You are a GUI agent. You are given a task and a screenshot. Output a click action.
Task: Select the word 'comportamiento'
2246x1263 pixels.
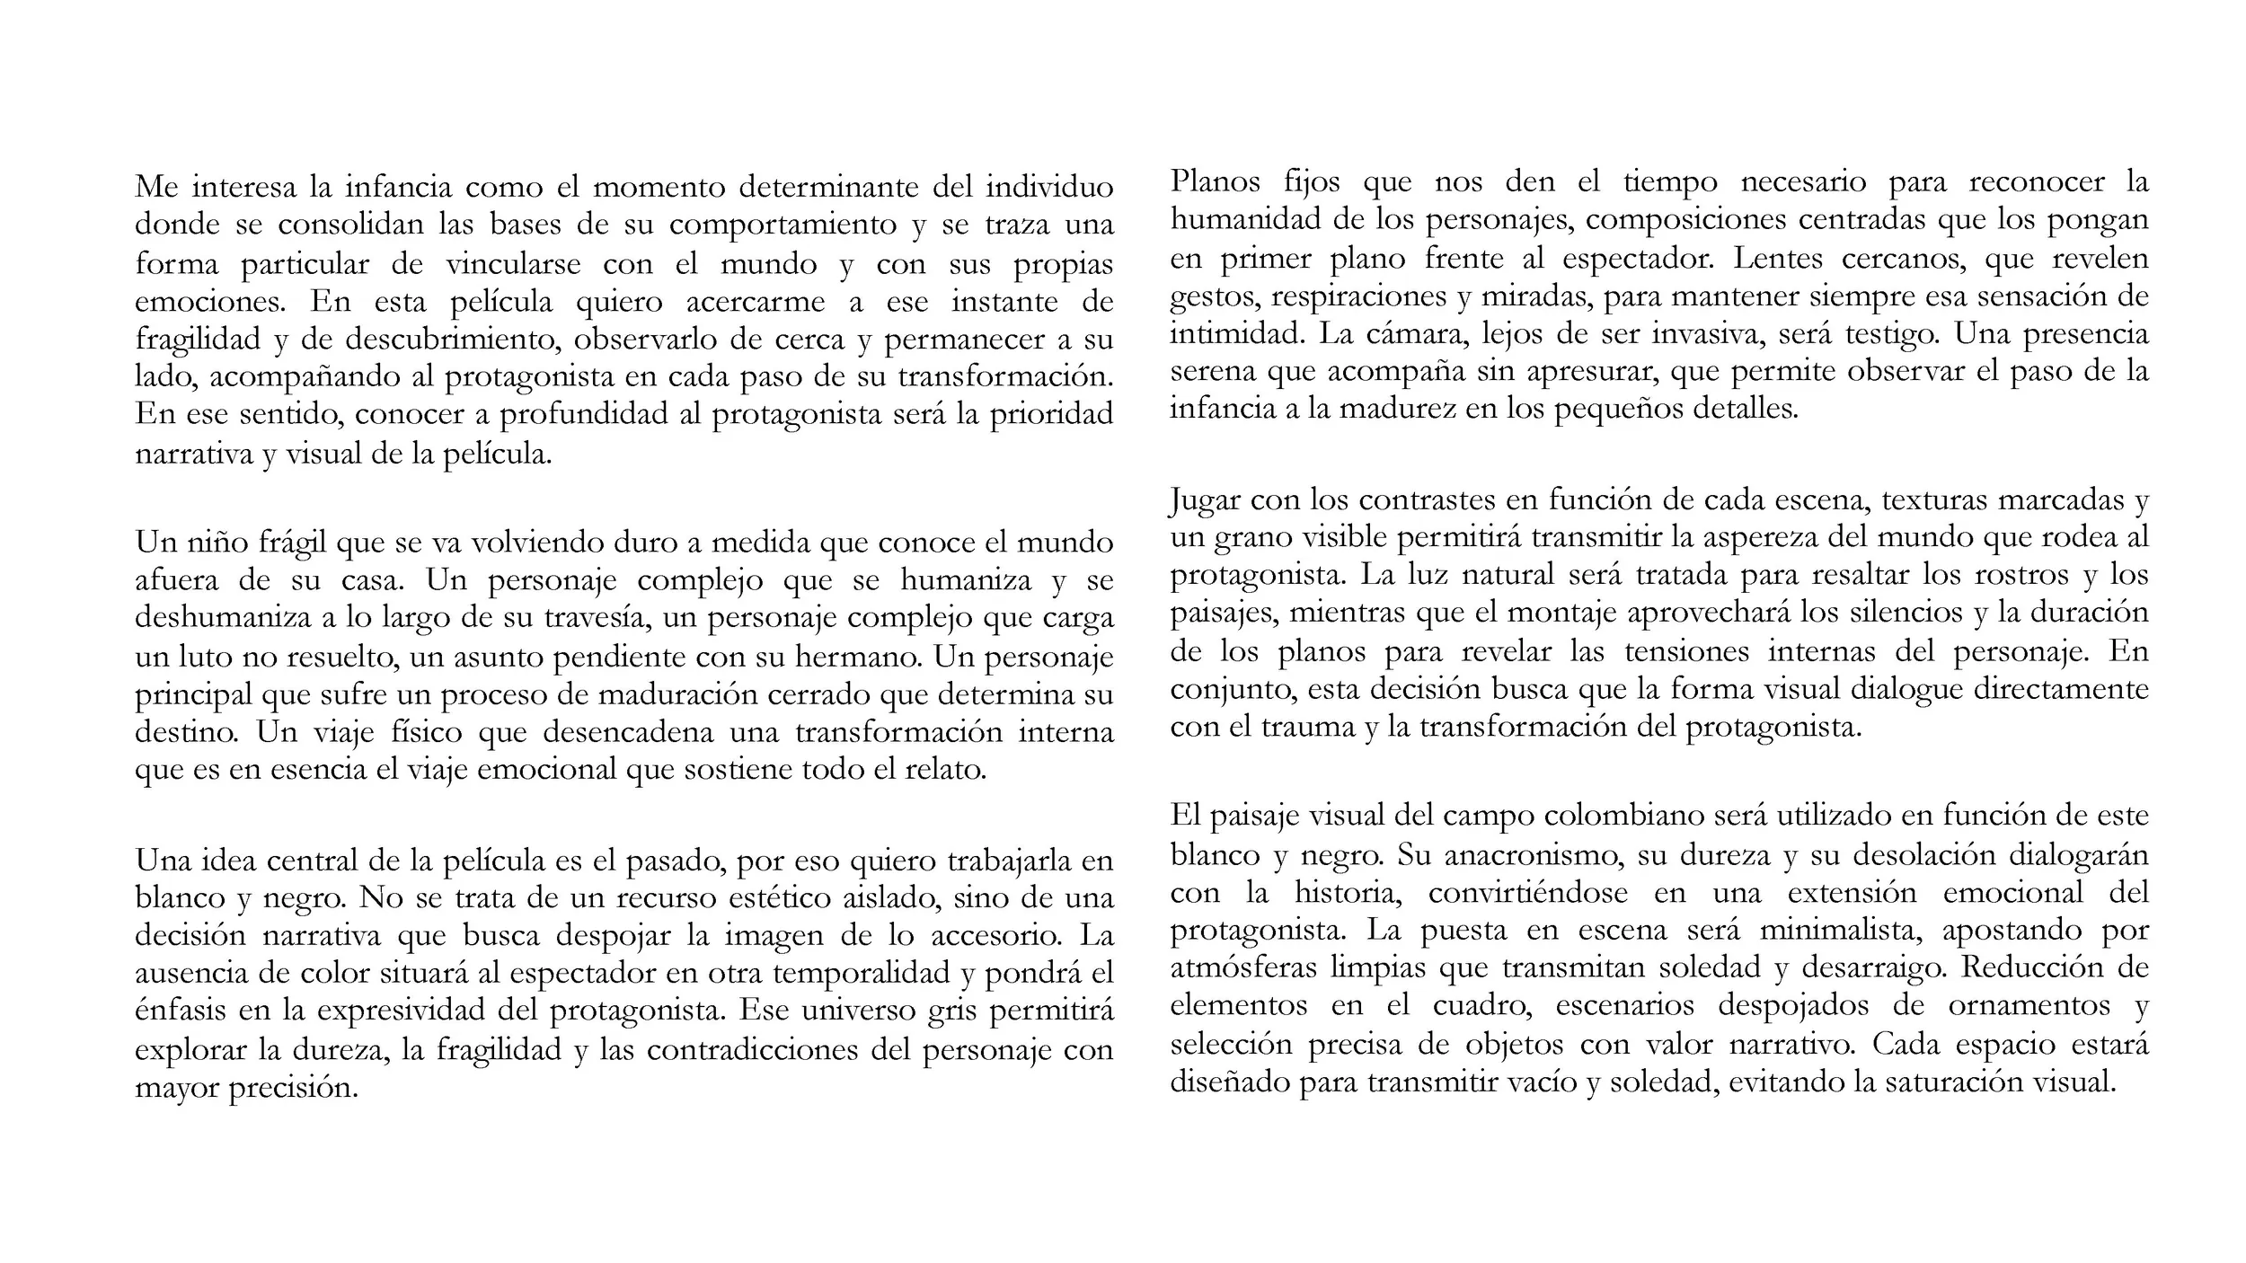coord(783,225)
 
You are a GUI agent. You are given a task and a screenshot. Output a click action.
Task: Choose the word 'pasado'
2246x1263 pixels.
coord(674,861)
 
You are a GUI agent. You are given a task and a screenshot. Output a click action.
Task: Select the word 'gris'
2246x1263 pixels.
coord(953,1011)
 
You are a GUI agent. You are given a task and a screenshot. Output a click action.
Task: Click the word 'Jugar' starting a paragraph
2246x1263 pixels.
coord(1205,499)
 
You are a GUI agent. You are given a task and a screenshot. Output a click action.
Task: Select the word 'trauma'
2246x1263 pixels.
coord(1308,726)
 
